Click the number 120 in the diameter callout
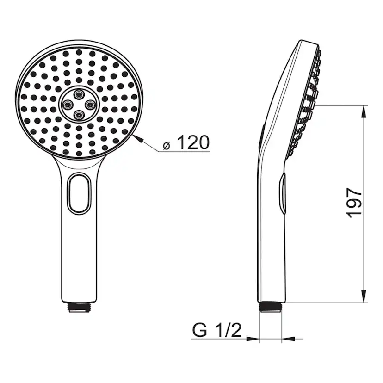[193, 143]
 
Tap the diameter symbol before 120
[167, 146]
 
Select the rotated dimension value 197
[354, 202]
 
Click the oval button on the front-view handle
[79, 193]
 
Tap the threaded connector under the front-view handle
[79, 307]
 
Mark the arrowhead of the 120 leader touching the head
[135, 136]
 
